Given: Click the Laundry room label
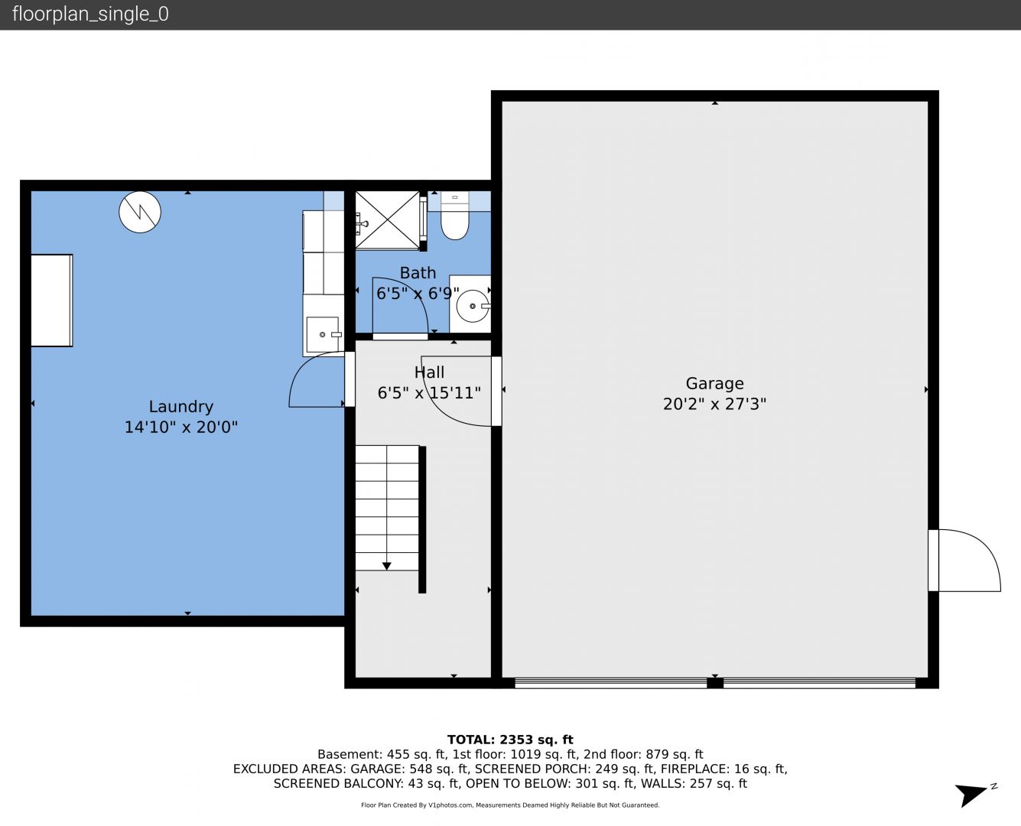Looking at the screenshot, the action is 180,407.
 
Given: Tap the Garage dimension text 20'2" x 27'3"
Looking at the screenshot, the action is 714,404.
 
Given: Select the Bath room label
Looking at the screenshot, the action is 418,273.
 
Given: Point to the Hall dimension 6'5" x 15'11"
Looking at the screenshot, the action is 429,393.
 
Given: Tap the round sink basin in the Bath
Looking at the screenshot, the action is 473,306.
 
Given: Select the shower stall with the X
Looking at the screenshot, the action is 388,220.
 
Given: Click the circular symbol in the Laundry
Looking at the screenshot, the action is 140,212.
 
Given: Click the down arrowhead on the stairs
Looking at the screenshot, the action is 387,566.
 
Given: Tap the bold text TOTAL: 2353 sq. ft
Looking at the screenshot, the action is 510,740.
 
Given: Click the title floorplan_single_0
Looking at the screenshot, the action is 90,14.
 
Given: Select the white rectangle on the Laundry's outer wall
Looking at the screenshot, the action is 52,300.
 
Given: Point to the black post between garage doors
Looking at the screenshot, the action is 714,683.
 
